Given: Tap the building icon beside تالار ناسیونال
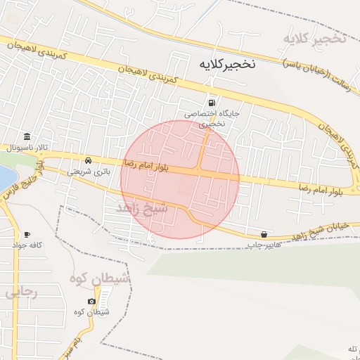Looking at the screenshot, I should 27,136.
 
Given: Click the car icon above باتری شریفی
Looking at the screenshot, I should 88,160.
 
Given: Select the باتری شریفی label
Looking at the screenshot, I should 89,171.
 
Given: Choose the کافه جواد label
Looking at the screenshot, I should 27,245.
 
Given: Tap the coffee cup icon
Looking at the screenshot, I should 27,234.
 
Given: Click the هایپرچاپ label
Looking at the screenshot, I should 263,245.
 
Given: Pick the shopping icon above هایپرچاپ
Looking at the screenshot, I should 263,234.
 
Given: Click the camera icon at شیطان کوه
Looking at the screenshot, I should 91,302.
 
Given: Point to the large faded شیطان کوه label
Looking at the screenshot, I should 101,279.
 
